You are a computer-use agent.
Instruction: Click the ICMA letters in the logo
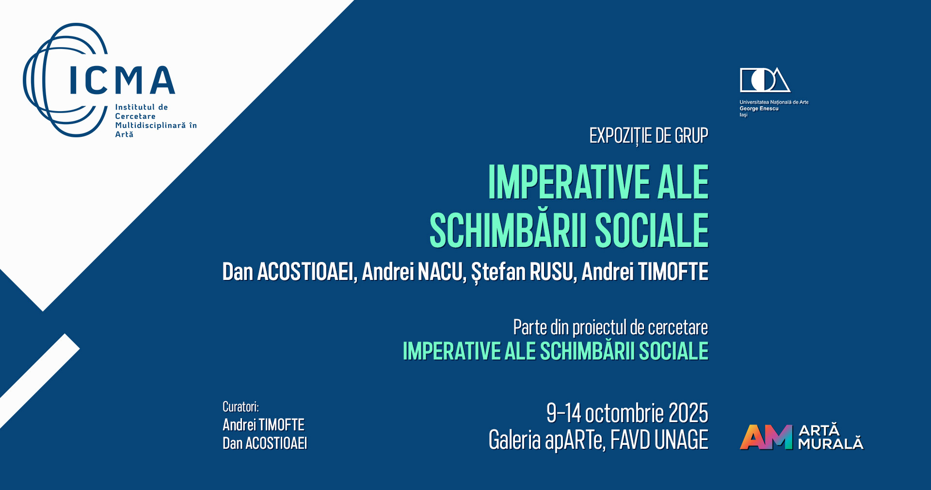point(122,80)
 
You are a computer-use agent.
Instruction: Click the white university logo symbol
point(765,80)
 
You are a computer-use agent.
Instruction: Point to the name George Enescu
point(759,109)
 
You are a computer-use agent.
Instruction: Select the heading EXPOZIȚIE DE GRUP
point(649,136)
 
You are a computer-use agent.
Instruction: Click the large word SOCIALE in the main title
point(652,230)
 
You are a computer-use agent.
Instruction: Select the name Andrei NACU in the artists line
point(413,272)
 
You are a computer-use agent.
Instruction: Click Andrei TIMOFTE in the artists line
point(645,272)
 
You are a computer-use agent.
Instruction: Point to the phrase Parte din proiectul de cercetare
point(610,328)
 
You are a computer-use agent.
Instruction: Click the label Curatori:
point(241,407)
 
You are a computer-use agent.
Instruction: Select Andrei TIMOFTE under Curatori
point(263,425)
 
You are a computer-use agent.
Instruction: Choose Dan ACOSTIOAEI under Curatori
point(265,443)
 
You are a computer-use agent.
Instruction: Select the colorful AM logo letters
point(766,437)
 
